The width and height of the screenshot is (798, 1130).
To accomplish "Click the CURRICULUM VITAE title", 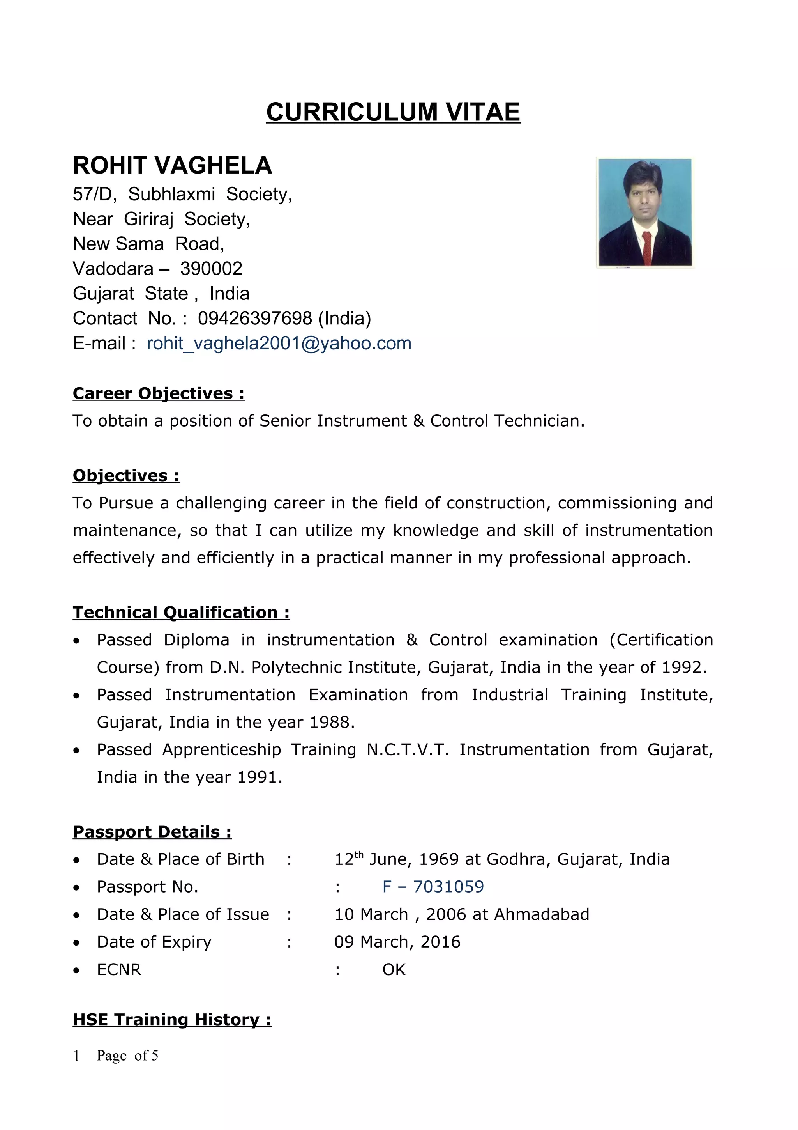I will (393, 112).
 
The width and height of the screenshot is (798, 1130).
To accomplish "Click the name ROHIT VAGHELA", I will (172, 165).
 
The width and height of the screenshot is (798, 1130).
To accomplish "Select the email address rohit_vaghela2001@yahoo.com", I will (279, 343).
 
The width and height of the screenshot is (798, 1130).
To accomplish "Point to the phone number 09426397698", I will (255, 319).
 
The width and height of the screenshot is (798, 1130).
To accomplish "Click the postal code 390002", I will (211, 269).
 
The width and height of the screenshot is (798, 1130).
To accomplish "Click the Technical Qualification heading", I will (181, 612).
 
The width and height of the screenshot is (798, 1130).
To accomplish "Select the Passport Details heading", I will (152, 832).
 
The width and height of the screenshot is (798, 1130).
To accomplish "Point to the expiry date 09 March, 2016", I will (397, 942).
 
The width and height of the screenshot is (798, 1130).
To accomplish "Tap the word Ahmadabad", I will (541, 914).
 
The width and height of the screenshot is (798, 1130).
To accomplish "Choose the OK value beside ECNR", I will (394, 970).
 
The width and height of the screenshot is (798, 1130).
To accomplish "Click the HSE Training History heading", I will (171, 1019).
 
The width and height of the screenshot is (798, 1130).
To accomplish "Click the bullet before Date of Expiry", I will (76, 943).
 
